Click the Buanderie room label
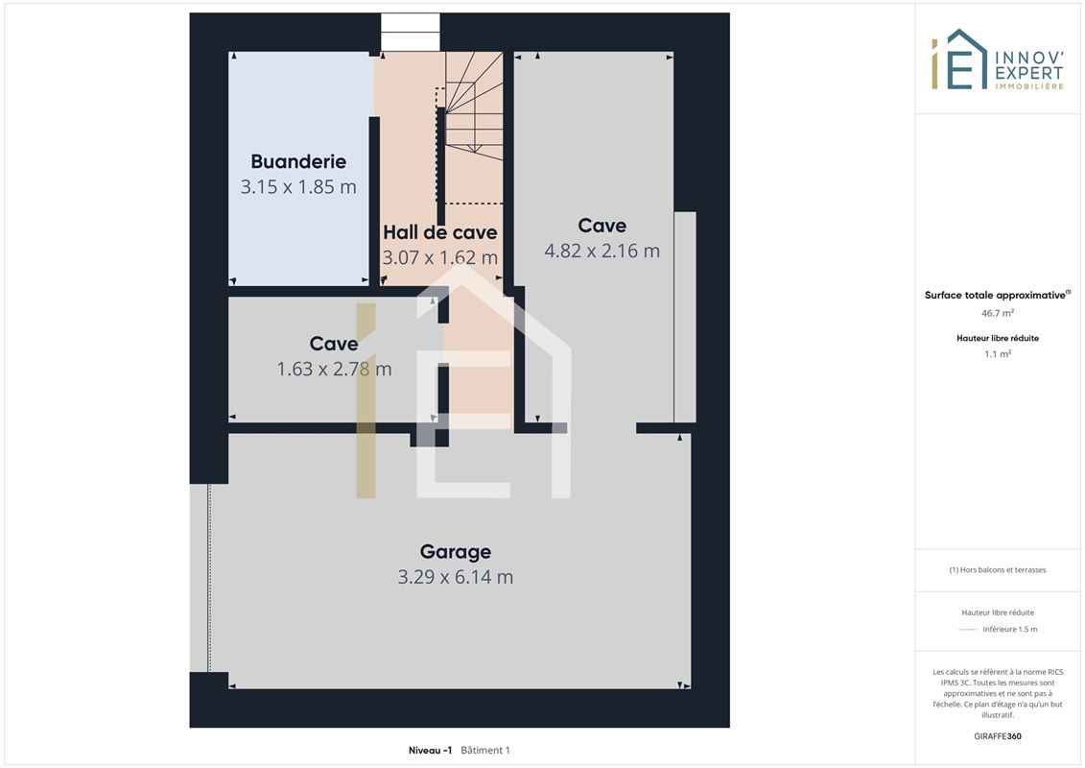pos(298,161)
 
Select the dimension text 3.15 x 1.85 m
pos(298,187)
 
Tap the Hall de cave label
pos(440,232)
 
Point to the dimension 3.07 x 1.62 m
pos(440,257)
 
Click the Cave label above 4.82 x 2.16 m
pos(602,226)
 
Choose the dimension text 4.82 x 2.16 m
pos(602,251)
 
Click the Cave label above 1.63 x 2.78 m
pos(334,344)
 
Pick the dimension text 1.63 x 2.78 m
pos(334,369)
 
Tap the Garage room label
pos(456,552)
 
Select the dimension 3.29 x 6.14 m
pos(456,577)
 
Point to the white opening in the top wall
pos(411,32)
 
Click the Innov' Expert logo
pos(997,60)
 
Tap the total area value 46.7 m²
pos(997,313)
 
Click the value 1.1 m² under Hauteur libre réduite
pos(997,354)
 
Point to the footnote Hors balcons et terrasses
pos(997,570)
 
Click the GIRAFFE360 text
pos(997,736)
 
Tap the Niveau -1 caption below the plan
pos(430,750)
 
